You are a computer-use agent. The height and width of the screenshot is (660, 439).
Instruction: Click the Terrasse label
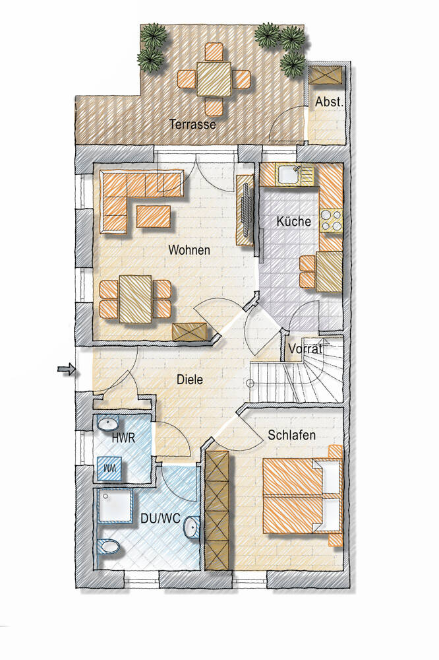click(x=192, y=124)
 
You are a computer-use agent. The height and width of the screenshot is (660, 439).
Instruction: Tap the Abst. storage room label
click(x=330, y=102)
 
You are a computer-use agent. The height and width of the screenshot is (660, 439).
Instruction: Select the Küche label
click(x=294, y=221)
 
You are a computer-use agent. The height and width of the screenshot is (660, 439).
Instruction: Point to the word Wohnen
click(x=189, y=250)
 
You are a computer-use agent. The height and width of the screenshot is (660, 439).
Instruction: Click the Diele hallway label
click(x=190, y=379)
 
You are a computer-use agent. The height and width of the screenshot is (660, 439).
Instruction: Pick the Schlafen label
click(x=292, y=435)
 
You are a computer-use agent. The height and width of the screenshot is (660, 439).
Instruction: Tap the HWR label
click(x=124, y=438)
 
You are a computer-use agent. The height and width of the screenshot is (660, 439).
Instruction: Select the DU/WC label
click(x=161, y=519)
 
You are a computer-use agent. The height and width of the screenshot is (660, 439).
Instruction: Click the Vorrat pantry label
click(x=306, y=349)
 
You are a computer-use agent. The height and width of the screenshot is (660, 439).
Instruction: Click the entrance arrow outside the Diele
click(x=66, y=370)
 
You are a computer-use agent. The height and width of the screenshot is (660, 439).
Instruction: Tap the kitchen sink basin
click(x=288, y=175)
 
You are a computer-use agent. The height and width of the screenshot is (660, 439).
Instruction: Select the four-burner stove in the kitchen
click(x=332, y=220)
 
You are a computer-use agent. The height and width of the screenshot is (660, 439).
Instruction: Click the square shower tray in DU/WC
click(x=115, y=506)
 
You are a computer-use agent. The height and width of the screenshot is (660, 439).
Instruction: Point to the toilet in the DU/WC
click(x=109, y=546)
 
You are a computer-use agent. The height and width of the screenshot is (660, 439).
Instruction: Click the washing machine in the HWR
click(x=109, y=469)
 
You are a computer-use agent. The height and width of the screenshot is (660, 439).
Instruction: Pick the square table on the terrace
click(x=214, y=79)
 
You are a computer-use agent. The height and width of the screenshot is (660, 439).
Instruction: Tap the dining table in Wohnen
click(x=135, y=299)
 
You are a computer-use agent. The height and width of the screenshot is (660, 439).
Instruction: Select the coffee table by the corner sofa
click(x=154, y=216)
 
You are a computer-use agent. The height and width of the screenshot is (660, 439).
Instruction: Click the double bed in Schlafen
click(x=303, y=496)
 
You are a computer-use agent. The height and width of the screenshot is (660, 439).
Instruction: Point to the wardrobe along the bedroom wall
click(x=217, y=511)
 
